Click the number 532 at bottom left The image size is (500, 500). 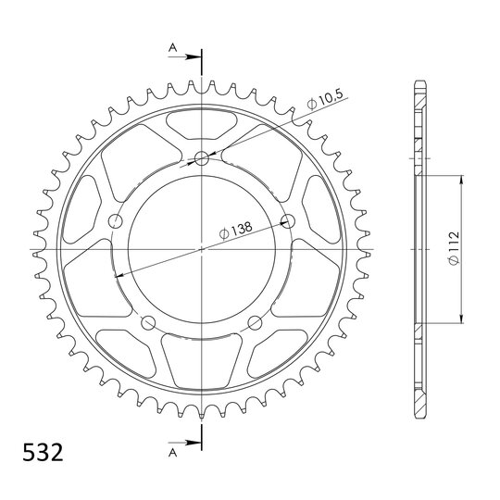point(43,453)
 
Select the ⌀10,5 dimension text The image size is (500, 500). point(325,99)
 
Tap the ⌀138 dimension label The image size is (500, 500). point(236,230)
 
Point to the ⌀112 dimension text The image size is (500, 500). point(454,248)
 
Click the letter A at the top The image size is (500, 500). point(172,48)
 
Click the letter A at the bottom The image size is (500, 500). point(172,453)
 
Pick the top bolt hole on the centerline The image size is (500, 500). point(202,158)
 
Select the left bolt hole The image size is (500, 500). point(116,220)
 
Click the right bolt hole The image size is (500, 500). point(287,220)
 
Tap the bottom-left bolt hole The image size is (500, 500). point(148,322)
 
